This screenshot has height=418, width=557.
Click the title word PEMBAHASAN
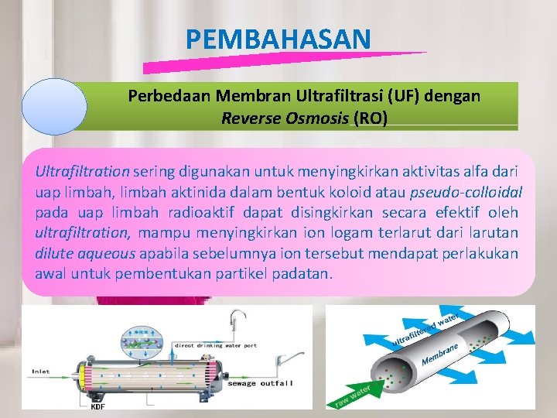click(278, 39)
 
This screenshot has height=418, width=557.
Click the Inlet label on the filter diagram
click(41, 372)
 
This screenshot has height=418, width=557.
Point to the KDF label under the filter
click(97, 406)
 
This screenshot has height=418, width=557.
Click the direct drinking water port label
click(215, 345)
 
